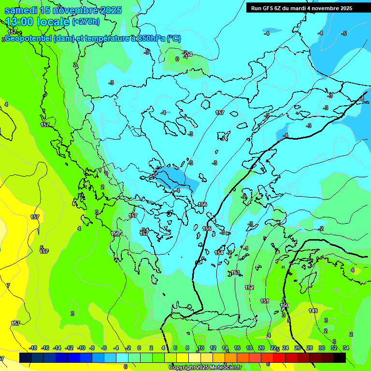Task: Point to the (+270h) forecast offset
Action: [x=86, y=21]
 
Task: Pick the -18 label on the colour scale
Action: [x=33, y=348]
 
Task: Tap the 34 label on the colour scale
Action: [x=346, y=348]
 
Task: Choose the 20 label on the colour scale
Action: [x=261, y=348]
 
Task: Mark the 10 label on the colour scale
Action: [x=201, y=348]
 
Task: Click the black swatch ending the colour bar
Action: [x=340, y=357]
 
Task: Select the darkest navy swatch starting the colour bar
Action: [x=26, y=357]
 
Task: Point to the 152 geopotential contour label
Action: [x=249, y=287]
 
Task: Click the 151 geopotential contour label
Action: [x=265, y=301]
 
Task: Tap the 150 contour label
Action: [x=285, y=305]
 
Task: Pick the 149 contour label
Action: [x=313, y=311]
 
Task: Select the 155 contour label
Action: [x=207, y=228]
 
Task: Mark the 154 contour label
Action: [x=219, y=253]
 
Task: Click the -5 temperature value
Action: [x=344, y=33]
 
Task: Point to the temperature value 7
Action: [x=8, y=285]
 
